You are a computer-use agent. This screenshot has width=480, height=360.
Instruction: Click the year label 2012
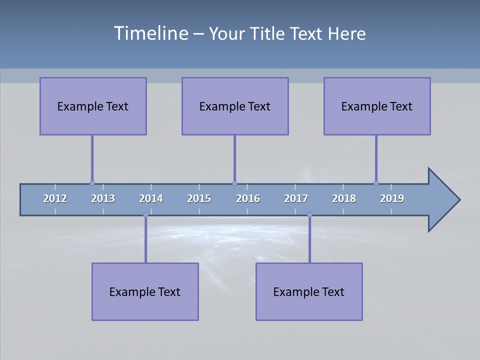55,198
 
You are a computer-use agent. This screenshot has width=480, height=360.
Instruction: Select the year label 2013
103,198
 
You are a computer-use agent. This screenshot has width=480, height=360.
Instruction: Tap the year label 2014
151,198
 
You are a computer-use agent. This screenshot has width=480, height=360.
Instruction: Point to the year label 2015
199,198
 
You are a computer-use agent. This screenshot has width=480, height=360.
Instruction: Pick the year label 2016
248,198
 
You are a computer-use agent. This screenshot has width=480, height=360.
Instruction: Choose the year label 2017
296,198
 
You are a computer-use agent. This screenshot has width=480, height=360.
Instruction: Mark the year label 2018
344,198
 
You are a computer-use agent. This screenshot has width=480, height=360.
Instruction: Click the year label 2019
392,198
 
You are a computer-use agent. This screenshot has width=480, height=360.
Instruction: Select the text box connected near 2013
93,106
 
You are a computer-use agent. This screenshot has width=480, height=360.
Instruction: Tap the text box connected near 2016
235,106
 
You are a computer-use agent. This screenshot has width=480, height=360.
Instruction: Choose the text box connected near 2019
377,106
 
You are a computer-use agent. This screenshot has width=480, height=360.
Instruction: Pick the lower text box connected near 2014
145,291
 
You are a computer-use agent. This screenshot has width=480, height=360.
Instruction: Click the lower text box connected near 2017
309,291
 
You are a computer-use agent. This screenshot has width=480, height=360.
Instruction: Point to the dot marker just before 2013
92,183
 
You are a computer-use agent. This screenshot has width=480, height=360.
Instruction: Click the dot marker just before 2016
234,183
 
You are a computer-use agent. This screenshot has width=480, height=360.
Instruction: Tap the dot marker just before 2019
376,183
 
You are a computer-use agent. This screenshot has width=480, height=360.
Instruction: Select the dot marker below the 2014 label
145,214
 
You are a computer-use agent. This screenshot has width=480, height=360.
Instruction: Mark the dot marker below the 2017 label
309,214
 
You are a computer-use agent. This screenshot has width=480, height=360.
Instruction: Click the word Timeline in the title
150,33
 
